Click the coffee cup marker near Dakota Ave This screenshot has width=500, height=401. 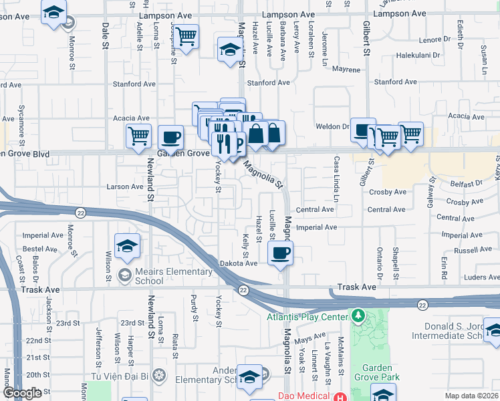coord(280,253)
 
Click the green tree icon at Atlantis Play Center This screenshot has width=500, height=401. coord(359,314)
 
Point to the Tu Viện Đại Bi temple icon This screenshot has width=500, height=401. coord(158,374)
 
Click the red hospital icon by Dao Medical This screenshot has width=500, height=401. coord(341,396)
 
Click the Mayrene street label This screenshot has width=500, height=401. coord(346,69)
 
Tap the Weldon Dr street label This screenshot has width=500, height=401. coord(337,126)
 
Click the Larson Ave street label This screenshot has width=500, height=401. coord(125,186)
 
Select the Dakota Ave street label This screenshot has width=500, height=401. coord(239,263)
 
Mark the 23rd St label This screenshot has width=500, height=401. coord(64,323)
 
